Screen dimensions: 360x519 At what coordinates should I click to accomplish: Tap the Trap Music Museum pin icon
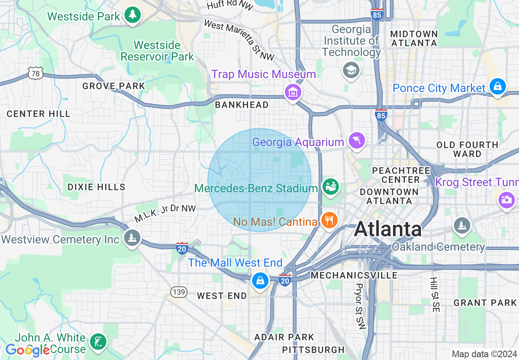coord(293,92)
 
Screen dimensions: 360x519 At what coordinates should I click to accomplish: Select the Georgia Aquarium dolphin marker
coord(356,141)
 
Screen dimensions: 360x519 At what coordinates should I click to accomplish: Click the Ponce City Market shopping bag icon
coord(497,86)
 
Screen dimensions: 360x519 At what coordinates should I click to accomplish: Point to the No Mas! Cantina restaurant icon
coord(329,221)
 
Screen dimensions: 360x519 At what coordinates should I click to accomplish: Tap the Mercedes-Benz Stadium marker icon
coord(330,187)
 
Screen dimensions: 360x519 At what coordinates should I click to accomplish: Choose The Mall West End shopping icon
coord(260,280)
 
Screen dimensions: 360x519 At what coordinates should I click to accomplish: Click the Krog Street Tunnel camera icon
coord(506,200)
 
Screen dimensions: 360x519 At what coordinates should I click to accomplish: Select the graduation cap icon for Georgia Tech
coord(351,70)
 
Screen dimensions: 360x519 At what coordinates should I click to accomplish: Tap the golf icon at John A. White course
coord(98,342)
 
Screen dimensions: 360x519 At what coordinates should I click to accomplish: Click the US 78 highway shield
coord(35,73)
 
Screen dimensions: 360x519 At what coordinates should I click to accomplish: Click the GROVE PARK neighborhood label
coord(114,86)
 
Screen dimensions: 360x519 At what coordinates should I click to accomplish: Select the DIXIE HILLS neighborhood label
coord(97,187)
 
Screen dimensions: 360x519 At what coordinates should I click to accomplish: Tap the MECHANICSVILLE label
coord(354,275)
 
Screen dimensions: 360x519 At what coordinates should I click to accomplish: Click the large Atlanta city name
coord(388,229)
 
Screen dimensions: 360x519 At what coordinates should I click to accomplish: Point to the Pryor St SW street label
coord(360,306)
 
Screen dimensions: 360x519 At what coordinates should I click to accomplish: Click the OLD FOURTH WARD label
coord(467,149)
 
